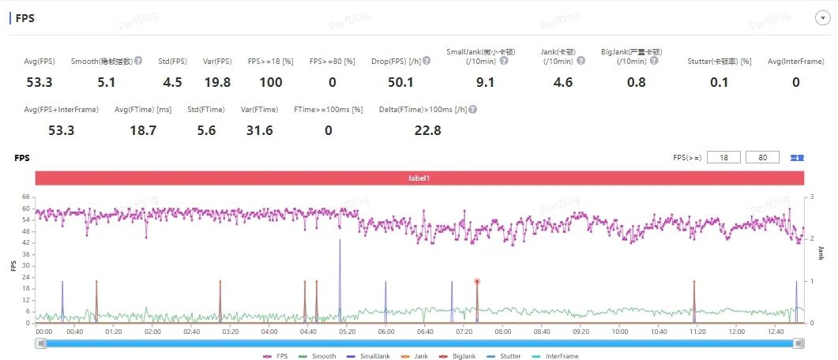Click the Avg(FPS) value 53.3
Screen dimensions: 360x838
click(39, 82)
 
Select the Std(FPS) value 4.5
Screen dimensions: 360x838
click(173, 82)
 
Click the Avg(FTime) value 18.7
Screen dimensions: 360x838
click(143, 130)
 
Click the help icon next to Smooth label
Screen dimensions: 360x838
click(138, 61)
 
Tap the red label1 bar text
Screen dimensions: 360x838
click(419, 178)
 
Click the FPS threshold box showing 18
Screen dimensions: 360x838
click(723, 158)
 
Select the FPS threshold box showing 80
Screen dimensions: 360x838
click(762, 158)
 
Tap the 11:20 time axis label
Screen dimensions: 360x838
click(697, 332)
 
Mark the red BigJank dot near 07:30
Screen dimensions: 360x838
click(477, 281)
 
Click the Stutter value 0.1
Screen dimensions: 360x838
click(719, 82)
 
